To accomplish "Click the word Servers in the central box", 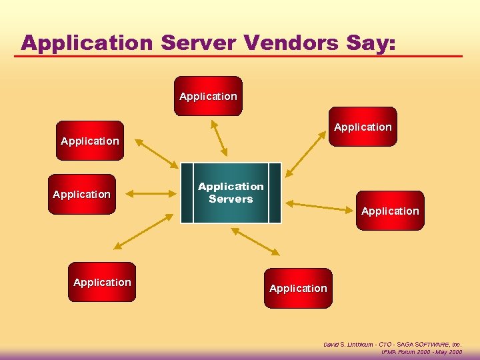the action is pos(231,199).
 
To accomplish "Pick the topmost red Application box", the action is pos(208,96).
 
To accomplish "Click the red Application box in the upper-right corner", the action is pos(363,127).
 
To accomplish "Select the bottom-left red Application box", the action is pos(102,282).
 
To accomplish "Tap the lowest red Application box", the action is pos(298,288).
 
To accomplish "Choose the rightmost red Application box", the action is pos(390,211).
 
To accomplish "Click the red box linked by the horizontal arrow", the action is pos(81,194).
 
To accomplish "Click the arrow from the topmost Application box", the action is pos(219,137).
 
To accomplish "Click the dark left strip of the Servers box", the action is pos(187,192).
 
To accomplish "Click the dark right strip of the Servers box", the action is pos(274,192).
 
